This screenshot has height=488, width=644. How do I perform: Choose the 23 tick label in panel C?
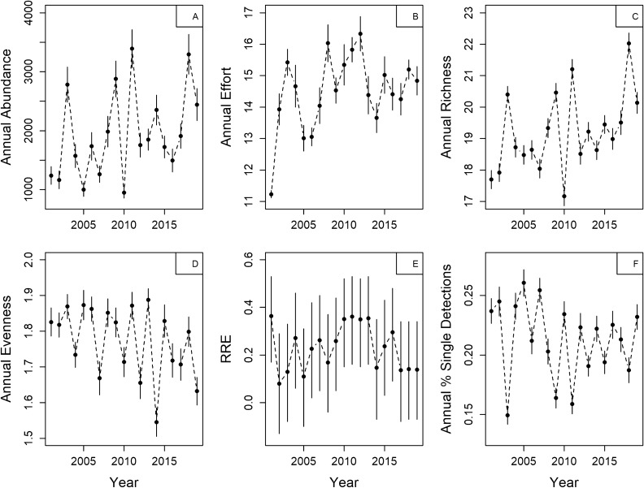(470, 13)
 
